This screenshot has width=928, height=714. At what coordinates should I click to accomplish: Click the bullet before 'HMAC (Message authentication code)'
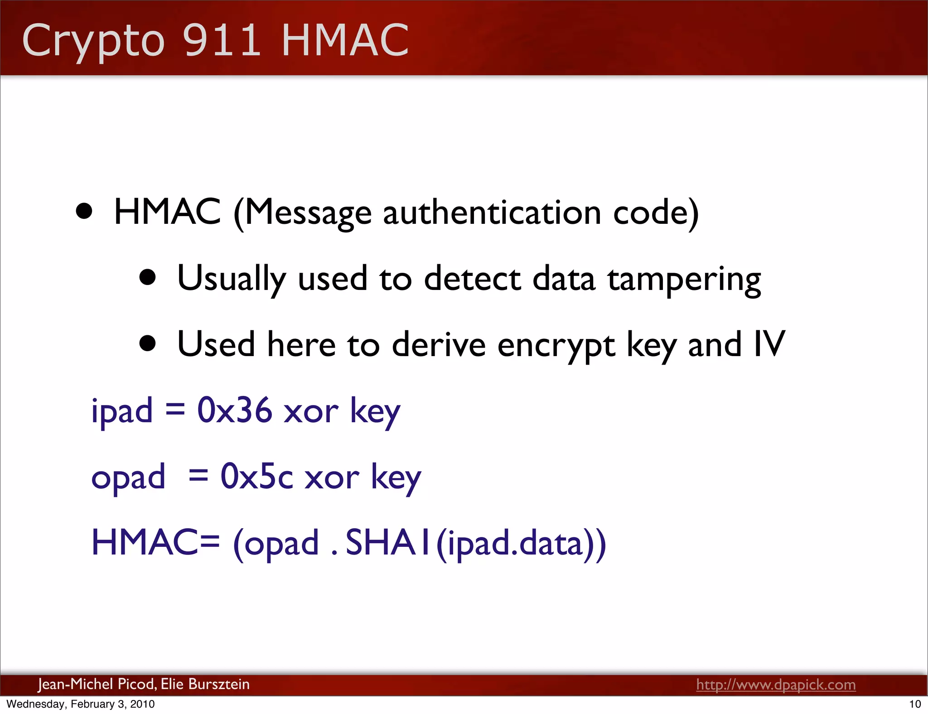[x=84, y=211]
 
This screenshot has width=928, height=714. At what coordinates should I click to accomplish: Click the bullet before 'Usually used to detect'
[x=148, y=278]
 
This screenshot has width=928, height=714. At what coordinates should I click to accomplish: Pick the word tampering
[x=684, y=279]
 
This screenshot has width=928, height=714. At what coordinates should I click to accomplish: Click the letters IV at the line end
[x=769, y=344]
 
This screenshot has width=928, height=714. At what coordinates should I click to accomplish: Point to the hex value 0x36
[x=234, y=410]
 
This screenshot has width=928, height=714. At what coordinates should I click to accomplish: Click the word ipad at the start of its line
[x=122, y=411]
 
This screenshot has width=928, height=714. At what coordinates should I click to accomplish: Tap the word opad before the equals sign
[x=128, y=478]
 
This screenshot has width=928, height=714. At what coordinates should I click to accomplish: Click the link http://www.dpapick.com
[x=776, y=684]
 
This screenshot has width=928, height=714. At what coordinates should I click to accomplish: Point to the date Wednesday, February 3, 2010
[x=81, y=704]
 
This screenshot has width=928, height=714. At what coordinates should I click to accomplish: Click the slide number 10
[x=915, y=704]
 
